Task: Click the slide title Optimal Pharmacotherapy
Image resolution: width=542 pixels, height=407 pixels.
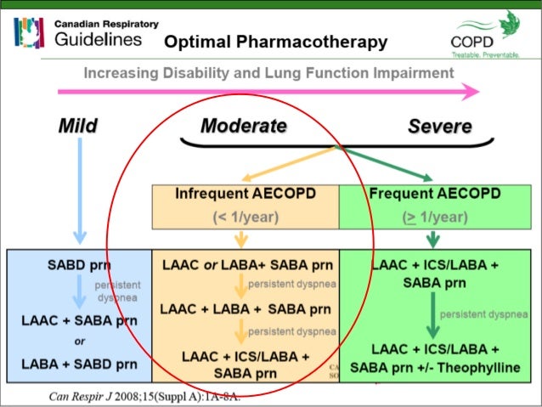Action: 275,42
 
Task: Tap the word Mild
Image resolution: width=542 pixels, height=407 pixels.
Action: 77,127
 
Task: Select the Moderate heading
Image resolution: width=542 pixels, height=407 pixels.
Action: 243,127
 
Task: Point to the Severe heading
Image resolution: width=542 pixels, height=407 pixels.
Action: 439,127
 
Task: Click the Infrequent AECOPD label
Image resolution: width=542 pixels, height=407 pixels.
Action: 245,194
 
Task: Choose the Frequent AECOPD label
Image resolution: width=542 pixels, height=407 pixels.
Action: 434,194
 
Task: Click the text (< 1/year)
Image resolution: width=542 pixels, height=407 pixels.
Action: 245,217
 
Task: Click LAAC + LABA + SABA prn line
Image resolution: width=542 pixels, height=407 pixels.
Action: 246,308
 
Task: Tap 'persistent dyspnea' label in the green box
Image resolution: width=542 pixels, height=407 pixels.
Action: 483,314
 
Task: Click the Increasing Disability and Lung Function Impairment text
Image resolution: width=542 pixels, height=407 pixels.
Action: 268,74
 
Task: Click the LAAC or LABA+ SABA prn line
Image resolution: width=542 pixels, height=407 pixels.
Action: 246,264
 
